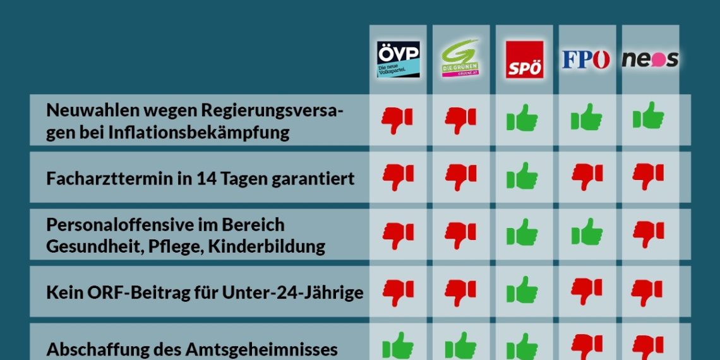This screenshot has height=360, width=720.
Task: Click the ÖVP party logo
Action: (x=398, y=59)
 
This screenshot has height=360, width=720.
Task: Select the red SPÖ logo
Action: (x=524, y=59)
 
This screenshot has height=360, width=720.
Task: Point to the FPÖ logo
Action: (x=587, y=59)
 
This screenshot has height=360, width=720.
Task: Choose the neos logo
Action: (x=650, y=59)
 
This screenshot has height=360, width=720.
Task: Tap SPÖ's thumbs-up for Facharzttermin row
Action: (x=523, y=176)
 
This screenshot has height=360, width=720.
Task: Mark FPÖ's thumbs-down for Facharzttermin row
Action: (x=587, y=177)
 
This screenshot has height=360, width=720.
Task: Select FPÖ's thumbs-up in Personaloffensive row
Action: (x=587, y=232)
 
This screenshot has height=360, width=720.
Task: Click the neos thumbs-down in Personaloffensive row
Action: (x=649, y=234)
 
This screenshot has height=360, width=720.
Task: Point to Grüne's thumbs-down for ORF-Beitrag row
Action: (x=461, y=292)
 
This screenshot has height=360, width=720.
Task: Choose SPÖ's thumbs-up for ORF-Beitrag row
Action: (x=523, y=291)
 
